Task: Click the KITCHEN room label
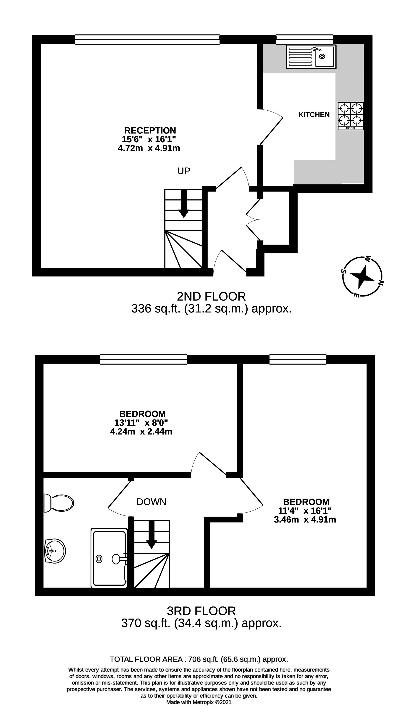314,114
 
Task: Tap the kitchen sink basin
325,56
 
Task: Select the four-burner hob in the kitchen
351,115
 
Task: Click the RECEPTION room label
150,130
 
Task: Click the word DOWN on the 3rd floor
151,502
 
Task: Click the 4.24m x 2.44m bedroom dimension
141,432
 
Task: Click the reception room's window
147,40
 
